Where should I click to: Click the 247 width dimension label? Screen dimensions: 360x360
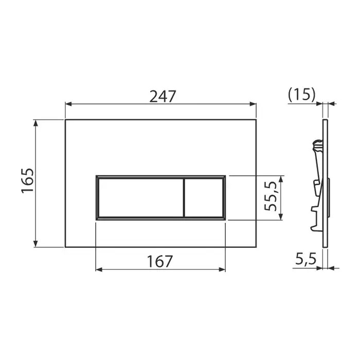tap(163, 96)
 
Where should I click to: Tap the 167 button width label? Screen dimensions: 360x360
tap(159, 261)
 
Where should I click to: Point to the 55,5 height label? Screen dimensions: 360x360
tap(270, 196)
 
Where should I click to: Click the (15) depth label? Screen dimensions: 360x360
tap(302, 94)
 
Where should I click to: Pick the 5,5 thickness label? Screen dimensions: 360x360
tap(305, 259)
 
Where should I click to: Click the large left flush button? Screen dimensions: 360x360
tap(141, 197)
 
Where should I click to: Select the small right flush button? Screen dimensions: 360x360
tap(204, 197)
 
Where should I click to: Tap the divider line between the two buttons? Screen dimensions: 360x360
tap(184, 197)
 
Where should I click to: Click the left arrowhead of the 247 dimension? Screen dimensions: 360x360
tap(68, 104)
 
